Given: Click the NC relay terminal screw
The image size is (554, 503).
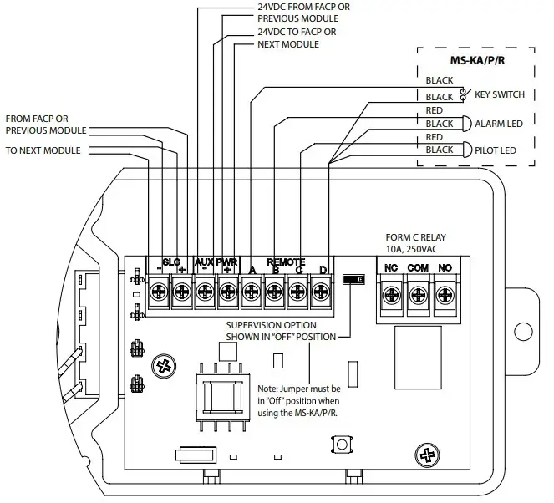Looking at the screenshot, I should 390,295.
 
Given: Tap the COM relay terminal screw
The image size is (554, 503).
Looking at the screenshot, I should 418,295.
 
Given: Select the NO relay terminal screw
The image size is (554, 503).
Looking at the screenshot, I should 445,295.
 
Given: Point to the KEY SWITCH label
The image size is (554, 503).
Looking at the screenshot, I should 499,95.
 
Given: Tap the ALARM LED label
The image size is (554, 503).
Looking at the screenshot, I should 498,124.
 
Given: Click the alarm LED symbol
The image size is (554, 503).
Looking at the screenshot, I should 465,123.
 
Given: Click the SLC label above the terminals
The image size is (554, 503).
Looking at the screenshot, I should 170,262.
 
